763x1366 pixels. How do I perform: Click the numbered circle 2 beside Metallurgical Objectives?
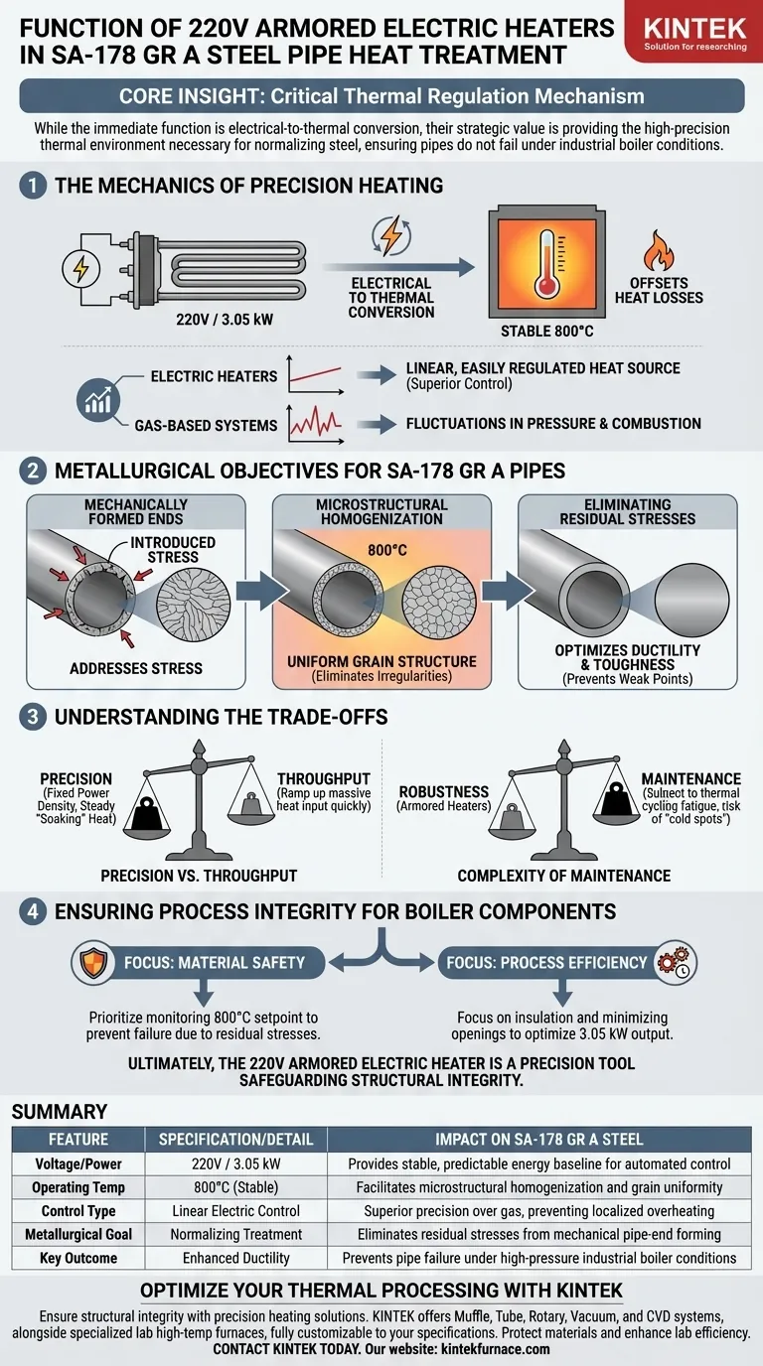coord(33,468)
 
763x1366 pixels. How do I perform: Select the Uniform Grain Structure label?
coord(381,661)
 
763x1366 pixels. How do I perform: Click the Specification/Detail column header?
coord(236,1140)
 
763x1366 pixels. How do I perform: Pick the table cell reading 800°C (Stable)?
coord(236,1187)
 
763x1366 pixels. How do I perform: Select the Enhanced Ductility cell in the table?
coord(236,1258)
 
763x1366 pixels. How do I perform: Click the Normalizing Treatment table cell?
coord(236,1234)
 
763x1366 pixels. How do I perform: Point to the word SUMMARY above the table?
coord(61,1112)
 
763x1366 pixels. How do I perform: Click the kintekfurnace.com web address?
coord(493,1349)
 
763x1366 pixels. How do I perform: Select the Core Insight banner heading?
coord(381,96)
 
